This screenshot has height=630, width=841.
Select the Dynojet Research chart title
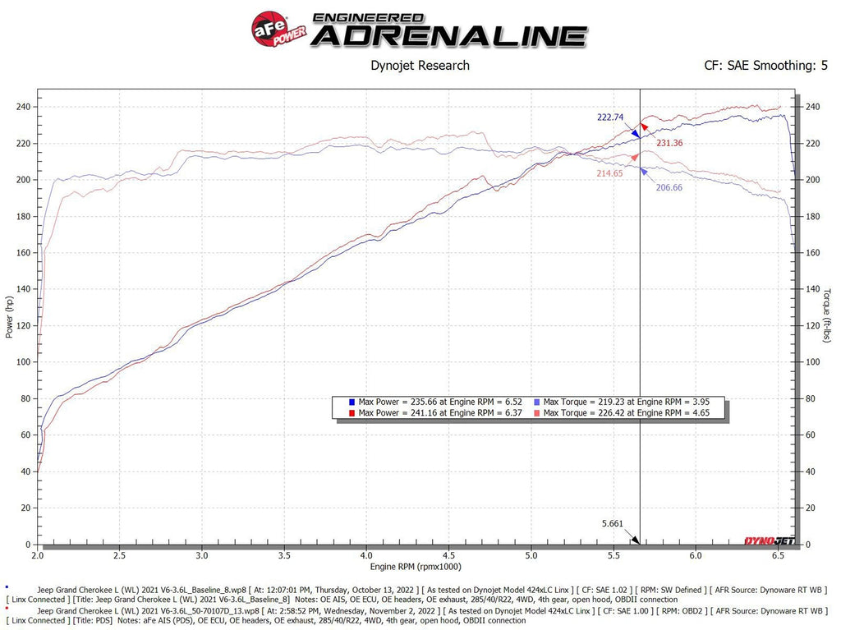(420, 66)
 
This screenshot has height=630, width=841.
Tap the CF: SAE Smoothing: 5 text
(765, 66)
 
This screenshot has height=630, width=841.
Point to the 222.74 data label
(610, 117)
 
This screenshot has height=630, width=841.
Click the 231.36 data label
(669, 143)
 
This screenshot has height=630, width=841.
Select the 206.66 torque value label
(669, 187)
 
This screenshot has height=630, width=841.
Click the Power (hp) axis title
(9, 317)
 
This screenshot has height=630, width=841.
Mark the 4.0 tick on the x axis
(366, 555)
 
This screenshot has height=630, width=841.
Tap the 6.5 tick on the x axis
(778, 555)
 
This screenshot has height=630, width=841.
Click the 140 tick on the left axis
(24, 289)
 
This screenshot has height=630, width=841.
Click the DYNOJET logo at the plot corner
(763, 540)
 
